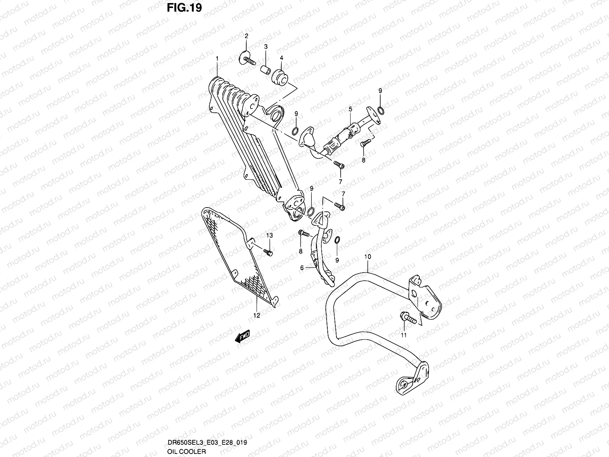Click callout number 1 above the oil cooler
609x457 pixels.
click(217, 59)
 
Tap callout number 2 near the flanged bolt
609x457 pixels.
click(246, 36)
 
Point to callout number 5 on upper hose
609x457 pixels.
click(350, 109)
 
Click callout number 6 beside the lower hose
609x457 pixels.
click(302, 268)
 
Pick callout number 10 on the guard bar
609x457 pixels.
click(367, 257)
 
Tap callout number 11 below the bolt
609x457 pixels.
click(404, 335)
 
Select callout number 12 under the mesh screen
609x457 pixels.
click(256, 315)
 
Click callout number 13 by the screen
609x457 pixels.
click(269, 235)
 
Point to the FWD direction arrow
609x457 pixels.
click(242, 337)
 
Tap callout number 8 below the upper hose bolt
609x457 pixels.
click(363, 160)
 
